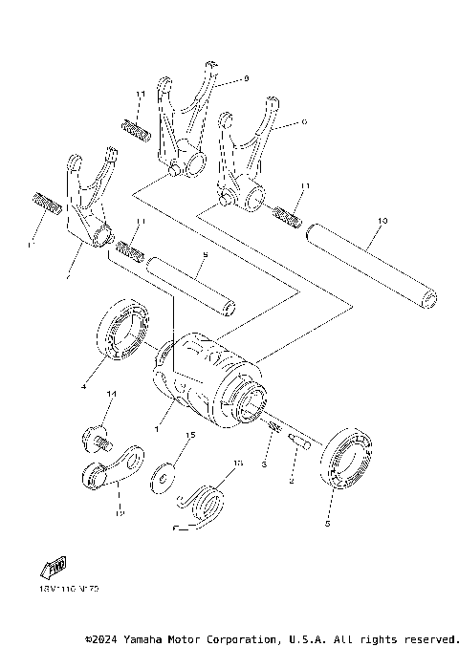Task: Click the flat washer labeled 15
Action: point(164,474)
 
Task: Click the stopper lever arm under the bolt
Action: point(111,468)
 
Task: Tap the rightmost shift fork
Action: point(242,162)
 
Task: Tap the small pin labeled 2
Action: point(298,441)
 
